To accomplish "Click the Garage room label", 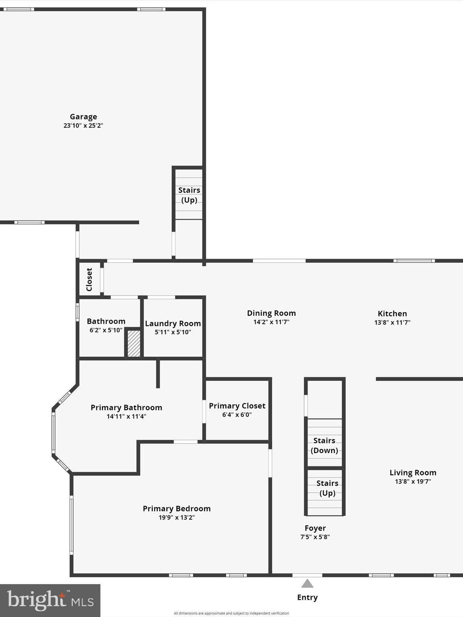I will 83,117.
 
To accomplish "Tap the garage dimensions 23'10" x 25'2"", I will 83,125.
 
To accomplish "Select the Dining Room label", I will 271,313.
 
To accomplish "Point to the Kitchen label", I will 392,314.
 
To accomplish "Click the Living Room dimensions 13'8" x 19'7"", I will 413,481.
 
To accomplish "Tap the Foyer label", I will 315,528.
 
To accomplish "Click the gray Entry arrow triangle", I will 307,584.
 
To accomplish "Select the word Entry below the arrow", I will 307,597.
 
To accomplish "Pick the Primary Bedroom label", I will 176,509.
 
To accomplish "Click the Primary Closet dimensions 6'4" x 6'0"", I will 237,415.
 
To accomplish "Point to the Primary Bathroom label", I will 126,408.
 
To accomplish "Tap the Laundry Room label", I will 173,323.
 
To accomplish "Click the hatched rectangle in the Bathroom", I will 134,343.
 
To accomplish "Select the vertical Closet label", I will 89,280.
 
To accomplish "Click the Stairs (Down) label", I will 324,445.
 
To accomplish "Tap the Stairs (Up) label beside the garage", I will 189,195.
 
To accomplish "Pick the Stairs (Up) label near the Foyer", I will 327,488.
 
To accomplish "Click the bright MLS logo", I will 50,600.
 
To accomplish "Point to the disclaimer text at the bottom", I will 231,613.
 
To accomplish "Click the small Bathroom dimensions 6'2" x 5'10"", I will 106,330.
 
